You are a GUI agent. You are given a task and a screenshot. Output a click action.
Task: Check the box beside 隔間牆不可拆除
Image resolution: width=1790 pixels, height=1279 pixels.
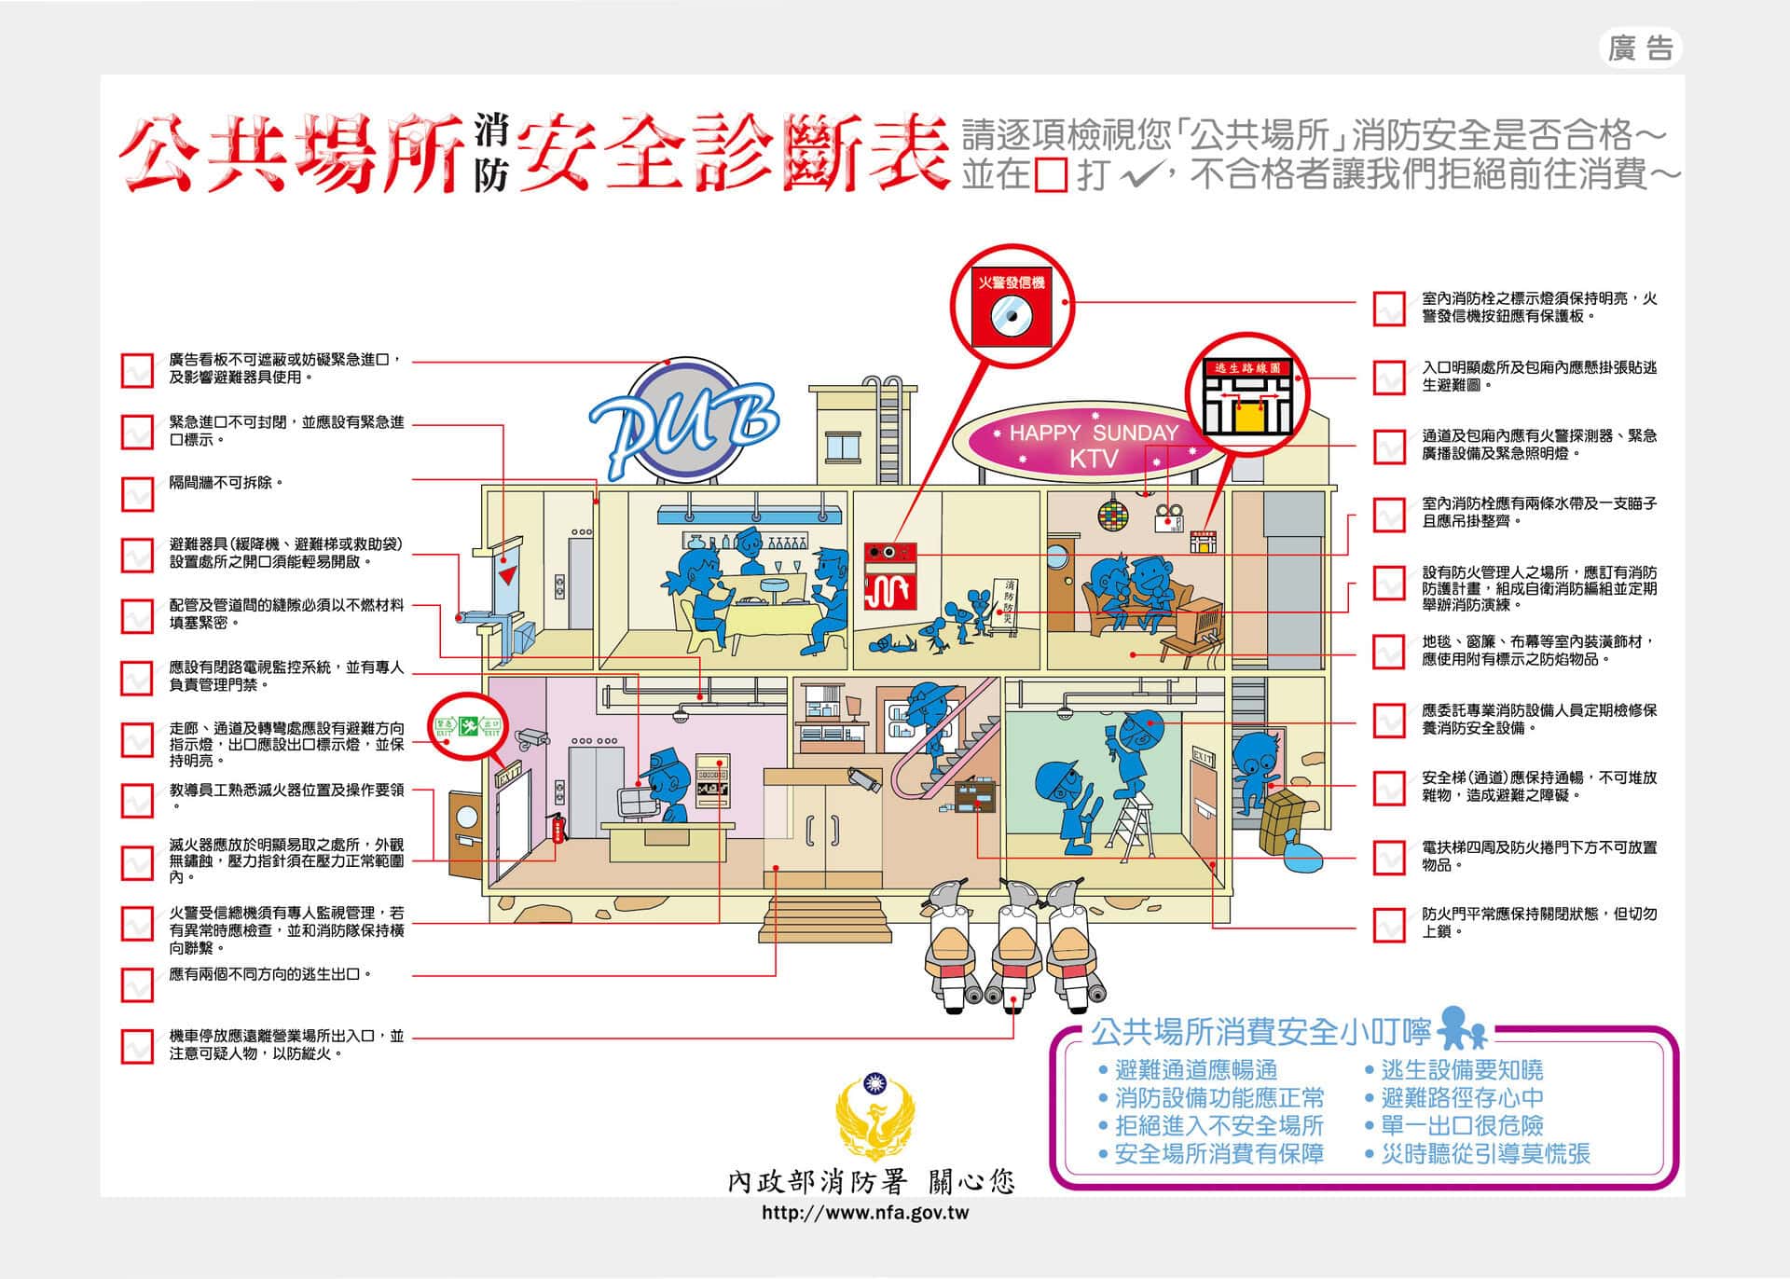pyautogui.click(x=137, y=494)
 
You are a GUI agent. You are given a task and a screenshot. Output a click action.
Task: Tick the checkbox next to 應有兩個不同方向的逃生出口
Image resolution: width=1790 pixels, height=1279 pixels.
pyautogui.click(x=137, y=984)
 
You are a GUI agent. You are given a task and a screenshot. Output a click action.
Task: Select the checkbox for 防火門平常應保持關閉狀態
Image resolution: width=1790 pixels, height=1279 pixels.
pyautogui.click(x=1389, y=924)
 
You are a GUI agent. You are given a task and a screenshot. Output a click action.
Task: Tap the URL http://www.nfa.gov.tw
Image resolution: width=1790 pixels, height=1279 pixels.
pyautogui.click(x=865, y=1213)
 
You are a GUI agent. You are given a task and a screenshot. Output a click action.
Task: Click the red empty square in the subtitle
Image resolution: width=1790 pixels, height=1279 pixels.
pyautogui.click(x=1051, y=175)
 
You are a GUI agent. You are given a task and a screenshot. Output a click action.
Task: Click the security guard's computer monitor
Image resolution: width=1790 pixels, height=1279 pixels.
pyautogui.click(x=637, y=802)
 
